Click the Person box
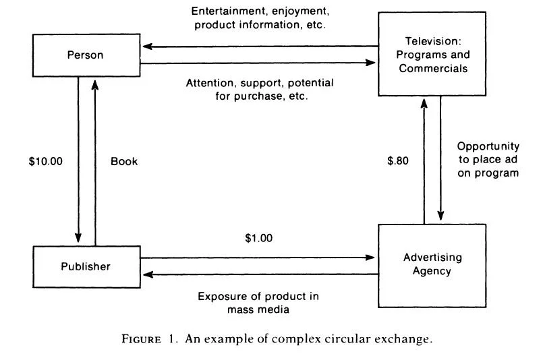86,55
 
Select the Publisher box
86,266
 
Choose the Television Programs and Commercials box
432,55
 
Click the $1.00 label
260,238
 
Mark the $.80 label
398,162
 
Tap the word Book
124,162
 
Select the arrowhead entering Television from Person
372,63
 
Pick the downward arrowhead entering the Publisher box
78,239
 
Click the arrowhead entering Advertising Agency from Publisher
372,257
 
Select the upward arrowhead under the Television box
424,102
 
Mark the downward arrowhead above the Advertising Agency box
440,216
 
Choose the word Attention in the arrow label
210,84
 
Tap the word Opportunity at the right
488,146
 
